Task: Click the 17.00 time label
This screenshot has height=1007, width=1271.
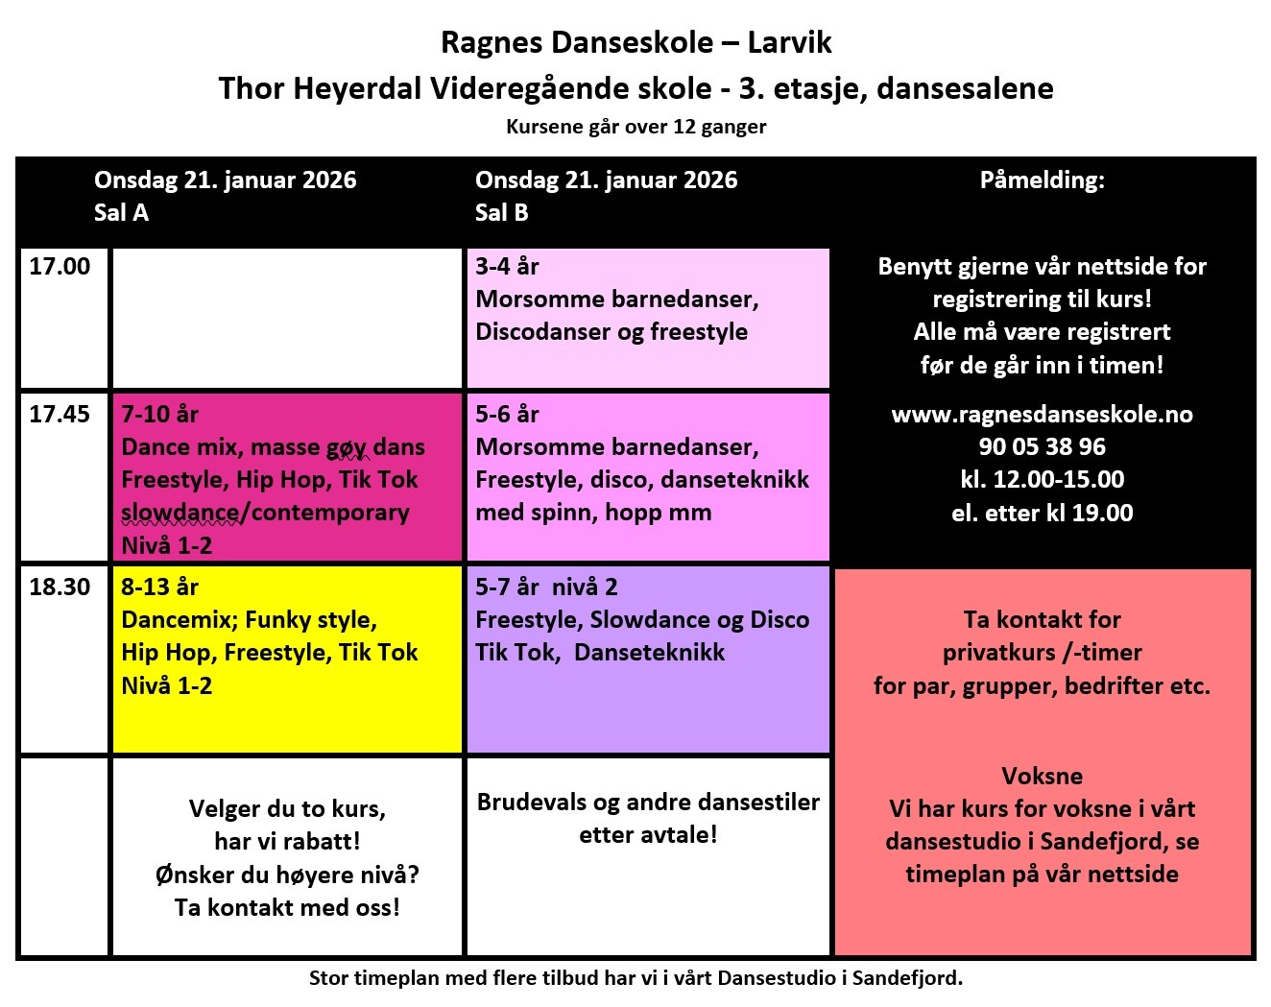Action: click(60, 267)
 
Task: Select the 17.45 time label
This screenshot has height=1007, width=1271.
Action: click(60, 415)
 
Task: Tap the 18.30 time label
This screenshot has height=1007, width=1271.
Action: click(60, 587)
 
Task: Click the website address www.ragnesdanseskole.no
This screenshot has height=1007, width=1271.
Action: click(1042, 415)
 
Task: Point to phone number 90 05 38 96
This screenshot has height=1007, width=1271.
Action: click(1042, 447)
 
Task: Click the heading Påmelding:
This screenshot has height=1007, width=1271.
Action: click(1042, 180)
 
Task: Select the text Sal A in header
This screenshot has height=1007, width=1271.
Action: click(121, 213)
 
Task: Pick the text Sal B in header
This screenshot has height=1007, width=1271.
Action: click(501, 213)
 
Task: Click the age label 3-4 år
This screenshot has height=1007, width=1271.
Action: click(507, 267)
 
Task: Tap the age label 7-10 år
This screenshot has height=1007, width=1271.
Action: click(159, 415)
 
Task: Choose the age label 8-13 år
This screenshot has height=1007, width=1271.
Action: click(159, 587)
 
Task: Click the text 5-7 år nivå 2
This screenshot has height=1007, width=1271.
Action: click(546, 587)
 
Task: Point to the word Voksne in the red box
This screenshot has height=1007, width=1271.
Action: click(1042, 777)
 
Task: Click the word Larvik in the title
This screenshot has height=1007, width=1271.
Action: click(789, 43)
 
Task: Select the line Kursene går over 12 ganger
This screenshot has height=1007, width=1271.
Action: click(635, 127)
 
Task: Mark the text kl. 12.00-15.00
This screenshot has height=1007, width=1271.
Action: click(1042, 480)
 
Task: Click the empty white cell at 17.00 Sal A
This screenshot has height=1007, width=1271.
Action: click(287, 318)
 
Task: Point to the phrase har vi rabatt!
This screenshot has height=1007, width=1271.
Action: click(287, 842)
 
